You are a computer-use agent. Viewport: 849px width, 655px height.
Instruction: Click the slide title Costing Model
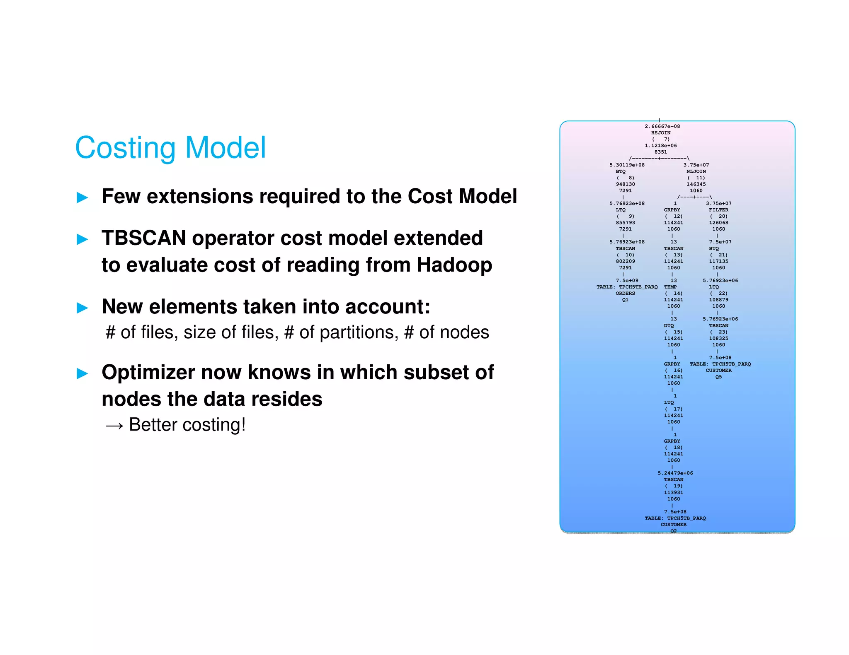[170, 148]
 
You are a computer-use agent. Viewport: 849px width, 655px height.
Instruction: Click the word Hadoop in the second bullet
[454, 265]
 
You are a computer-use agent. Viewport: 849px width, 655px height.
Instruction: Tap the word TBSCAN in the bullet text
[143, 238]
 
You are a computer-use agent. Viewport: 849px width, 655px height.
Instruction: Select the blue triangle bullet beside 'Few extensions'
[82, 197]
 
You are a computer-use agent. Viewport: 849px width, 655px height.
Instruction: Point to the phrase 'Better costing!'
[187, 425]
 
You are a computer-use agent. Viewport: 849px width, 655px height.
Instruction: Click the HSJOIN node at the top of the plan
[660, 133]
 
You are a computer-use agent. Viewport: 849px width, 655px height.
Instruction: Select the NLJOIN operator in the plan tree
[696, 171]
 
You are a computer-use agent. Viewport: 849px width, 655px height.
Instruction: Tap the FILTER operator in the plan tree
[718, 210]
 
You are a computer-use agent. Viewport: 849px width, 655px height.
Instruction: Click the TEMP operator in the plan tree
[670, 287]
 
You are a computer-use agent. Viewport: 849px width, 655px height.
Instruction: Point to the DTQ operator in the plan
[669, 325]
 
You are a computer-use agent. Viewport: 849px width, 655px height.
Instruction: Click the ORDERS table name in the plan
[625, 293]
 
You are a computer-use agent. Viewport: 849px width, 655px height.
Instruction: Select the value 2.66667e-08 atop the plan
[662, 126]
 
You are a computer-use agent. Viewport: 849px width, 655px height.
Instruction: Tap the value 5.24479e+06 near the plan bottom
[675, 473]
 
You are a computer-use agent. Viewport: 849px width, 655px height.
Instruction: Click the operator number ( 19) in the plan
[674, 486]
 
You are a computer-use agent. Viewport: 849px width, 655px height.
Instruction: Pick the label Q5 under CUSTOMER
[718, 377]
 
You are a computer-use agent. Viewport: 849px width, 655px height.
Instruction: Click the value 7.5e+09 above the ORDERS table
[627, 280]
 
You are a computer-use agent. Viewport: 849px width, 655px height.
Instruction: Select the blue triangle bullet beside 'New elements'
[82, 308]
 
